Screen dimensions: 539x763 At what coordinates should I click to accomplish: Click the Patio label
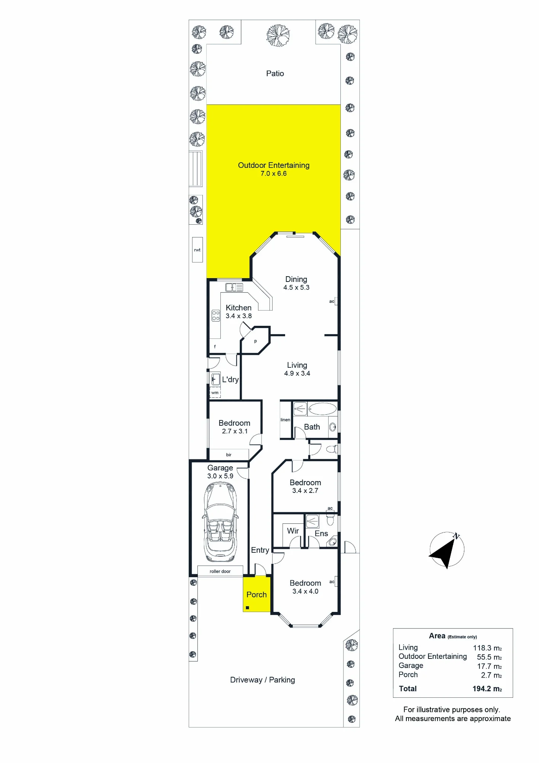(x=275, y=74)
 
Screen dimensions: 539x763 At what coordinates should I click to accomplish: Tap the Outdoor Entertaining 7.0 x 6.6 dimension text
(x=274, y=174)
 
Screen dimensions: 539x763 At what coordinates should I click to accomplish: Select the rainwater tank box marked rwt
(x=197, y=250)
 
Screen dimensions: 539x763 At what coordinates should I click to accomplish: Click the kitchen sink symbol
(x=234, y=287)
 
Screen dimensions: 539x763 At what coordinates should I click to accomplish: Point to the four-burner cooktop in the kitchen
(x=216, y=316)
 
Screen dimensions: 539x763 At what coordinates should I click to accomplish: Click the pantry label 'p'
(x=255, y=341)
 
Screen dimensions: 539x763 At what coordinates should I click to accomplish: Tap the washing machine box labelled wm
(x=215, y=393)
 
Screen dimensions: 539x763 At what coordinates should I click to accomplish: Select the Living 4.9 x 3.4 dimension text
(x=297, y=373)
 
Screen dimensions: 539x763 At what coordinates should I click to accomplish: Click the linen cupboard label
(x=285, y=420)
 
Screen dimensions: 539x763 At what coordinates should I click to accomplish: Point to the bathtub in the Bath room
(x=322, y=409)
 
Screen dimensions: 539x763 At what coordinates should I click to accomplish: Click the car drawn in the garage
(x=220, y=522)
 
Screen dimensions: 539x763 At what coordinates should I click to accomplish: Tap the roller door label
(x=220, y=571)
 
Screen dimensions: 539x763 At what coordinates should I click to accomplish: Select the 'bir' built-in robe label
(x=229, y=455)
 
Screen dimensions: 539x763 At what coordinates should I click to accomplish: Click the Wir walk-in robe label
(x=293, y=531)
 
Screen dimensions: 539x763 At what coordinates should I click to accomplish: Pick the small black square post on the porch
(x=247, y=608)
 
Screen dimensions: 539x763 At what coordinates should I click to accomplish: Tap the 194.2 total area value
(x=487, y=689)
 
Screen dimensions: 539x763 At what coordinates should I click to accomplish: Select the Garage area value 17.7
(x=489, y=666)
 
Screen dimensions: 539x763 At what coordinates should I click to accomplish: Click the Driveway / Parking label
(x=263, y=680)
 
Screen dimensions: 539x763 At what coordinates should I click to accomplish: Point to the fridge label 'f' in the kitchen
(x=215, y=347)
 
